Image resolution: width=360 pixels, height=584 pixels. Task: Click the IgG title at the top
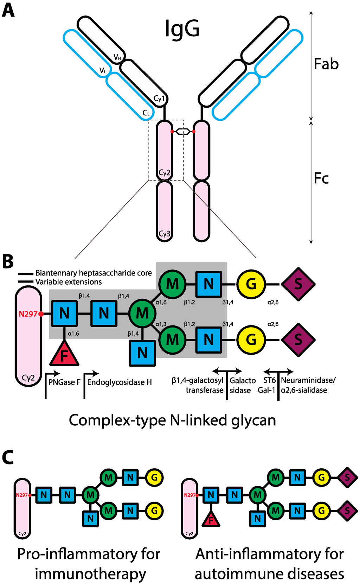tap(182, 29)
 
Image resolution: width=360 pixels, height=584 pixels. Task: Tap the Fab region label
tap(326, 64)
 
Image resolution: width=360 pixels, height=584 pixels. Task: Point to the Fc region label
tap(321, 178)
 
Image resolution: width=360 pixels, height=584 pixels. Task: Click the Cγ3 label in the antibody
tap(165, 234)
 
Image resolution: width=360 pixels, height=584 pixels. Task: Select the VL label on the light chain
tap(103, 71)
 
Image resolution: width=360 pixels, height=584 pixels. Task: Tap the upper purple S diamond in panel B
tap(298, 284)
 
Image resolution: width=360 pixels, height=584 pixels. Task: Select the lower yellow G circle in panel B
tap(251, 340)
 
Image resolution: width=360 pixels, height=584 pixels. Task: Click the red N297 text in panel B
tap(28, 314)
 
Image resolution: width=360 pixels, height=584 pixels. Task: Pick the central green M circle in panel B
tap(142, 313)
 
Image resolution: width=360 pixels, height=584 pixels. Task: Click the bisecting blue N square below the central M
tap(142, 353)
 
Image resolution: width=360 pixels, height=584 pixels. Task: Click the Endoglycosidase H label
tap(120, 382)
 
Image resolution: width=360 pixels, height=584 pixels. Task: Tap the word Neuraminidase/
tap(308, 380)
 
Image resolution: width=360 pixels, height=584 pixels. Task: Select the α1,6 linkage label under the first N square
tap(73, 334)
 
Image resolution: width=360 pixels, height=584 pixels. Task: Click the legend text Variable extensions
tap(69, 282)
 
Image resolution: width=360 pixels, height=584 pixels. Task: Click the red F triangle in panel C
tap(211, 519)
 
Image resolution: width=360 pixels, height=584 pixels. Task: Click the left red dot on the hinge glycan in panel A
tap(172, 132)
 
